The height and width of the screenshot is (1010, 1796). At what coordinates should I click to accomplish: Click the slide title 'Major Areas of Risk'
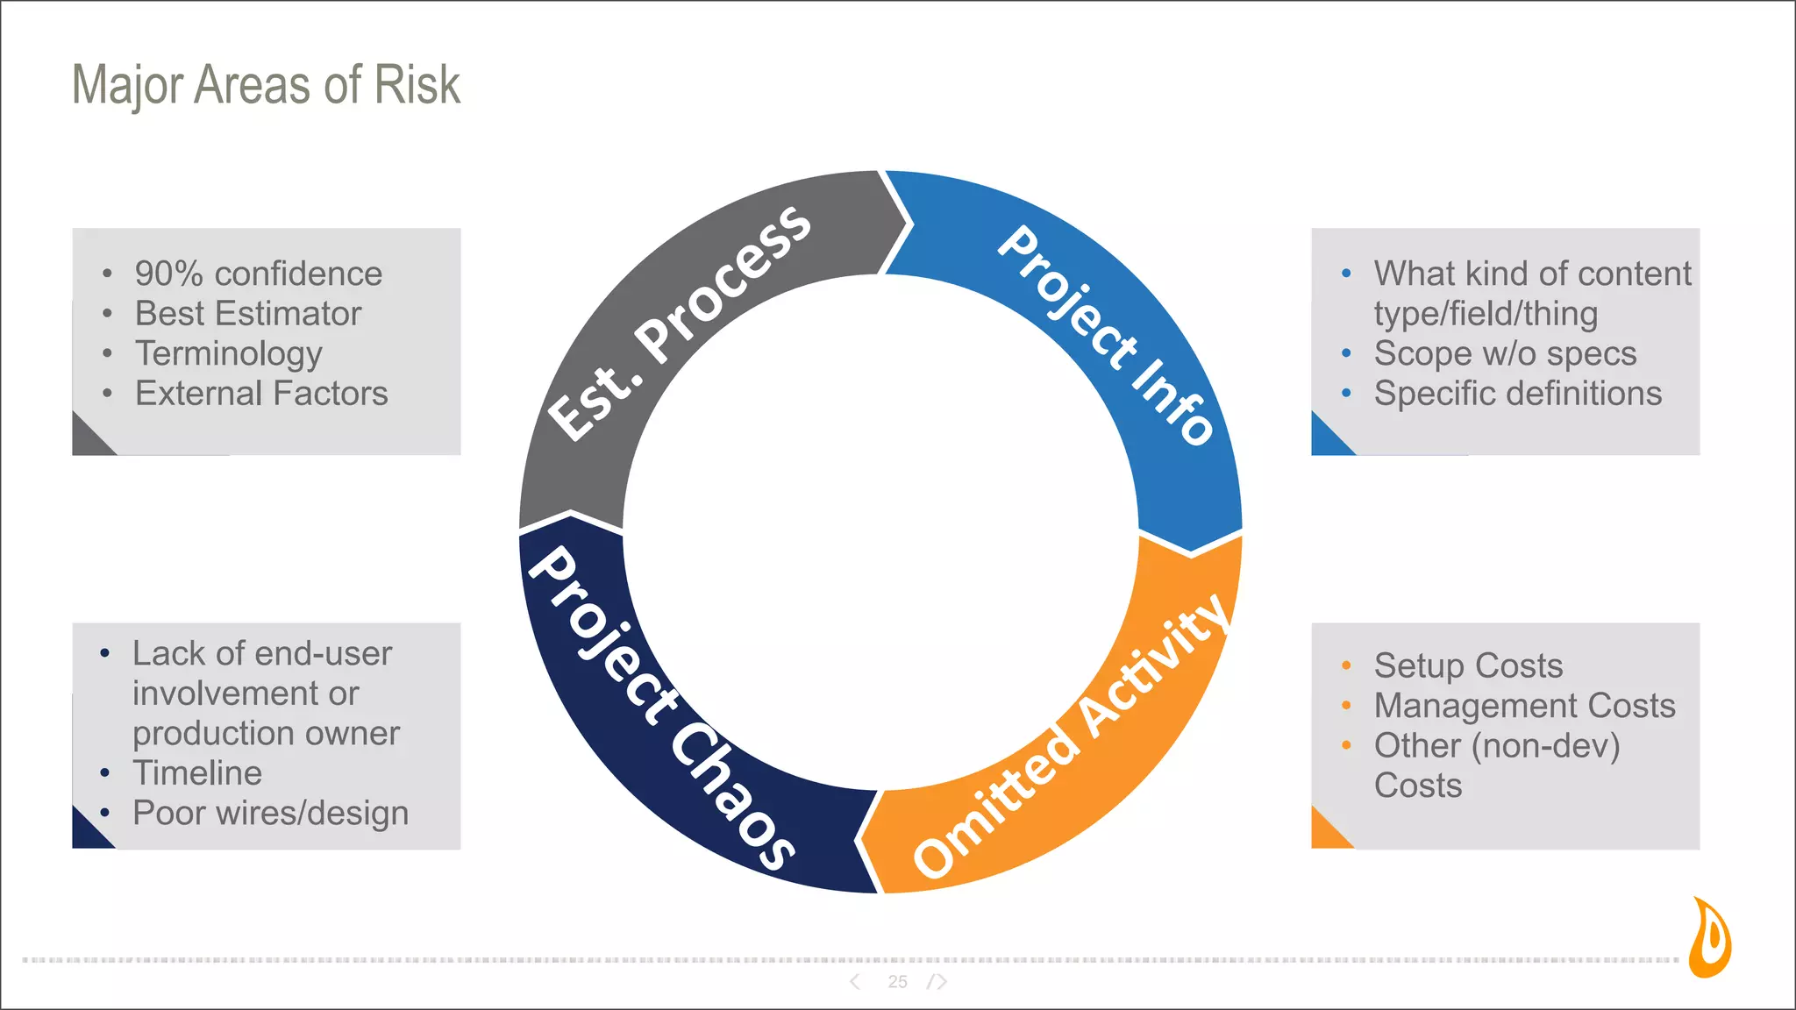click(266, 85)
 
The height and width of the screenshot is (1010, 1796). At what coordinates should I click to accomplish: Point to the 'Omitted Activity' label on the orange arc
click(1071, 736)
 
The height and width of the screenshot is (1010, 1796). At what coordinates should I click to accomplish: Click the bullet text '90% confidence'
click(258, 274)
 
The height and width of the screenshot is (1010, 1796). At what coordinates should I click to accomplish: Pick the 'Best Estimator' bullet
click(247, 314)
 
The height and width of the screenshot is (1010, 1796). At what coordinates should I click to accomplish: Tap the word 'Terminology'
click(228, 354)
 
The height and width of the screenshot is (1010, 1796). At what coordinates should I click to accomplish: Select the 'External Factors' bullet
click(261, 394)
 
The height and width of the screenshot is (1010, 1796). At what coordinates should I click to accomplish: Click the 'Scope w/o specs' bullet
click(1505, 354)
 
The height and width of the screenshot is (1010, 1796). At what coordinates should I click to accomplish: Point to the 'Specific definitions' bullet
click(1517, 394)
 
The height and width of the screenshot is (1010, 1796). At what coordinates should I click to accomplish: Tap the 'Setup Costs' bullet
click(1468, 665)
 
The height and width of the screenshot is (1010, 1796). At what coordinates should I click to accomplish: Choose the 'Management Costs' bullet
click(1524, 706)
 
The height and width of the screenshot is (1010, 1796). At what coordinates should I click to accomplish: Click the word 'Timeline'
click(197, 773)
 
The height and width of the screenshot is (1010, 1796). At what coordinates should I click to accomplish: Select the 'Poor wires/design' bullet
click(270, 814)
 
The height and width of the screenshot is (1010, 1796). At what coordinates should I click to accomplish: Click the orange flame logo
click(1711, 937)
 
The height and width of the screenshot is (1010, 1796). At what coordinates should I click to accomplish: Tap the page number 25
click(897, 982)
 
